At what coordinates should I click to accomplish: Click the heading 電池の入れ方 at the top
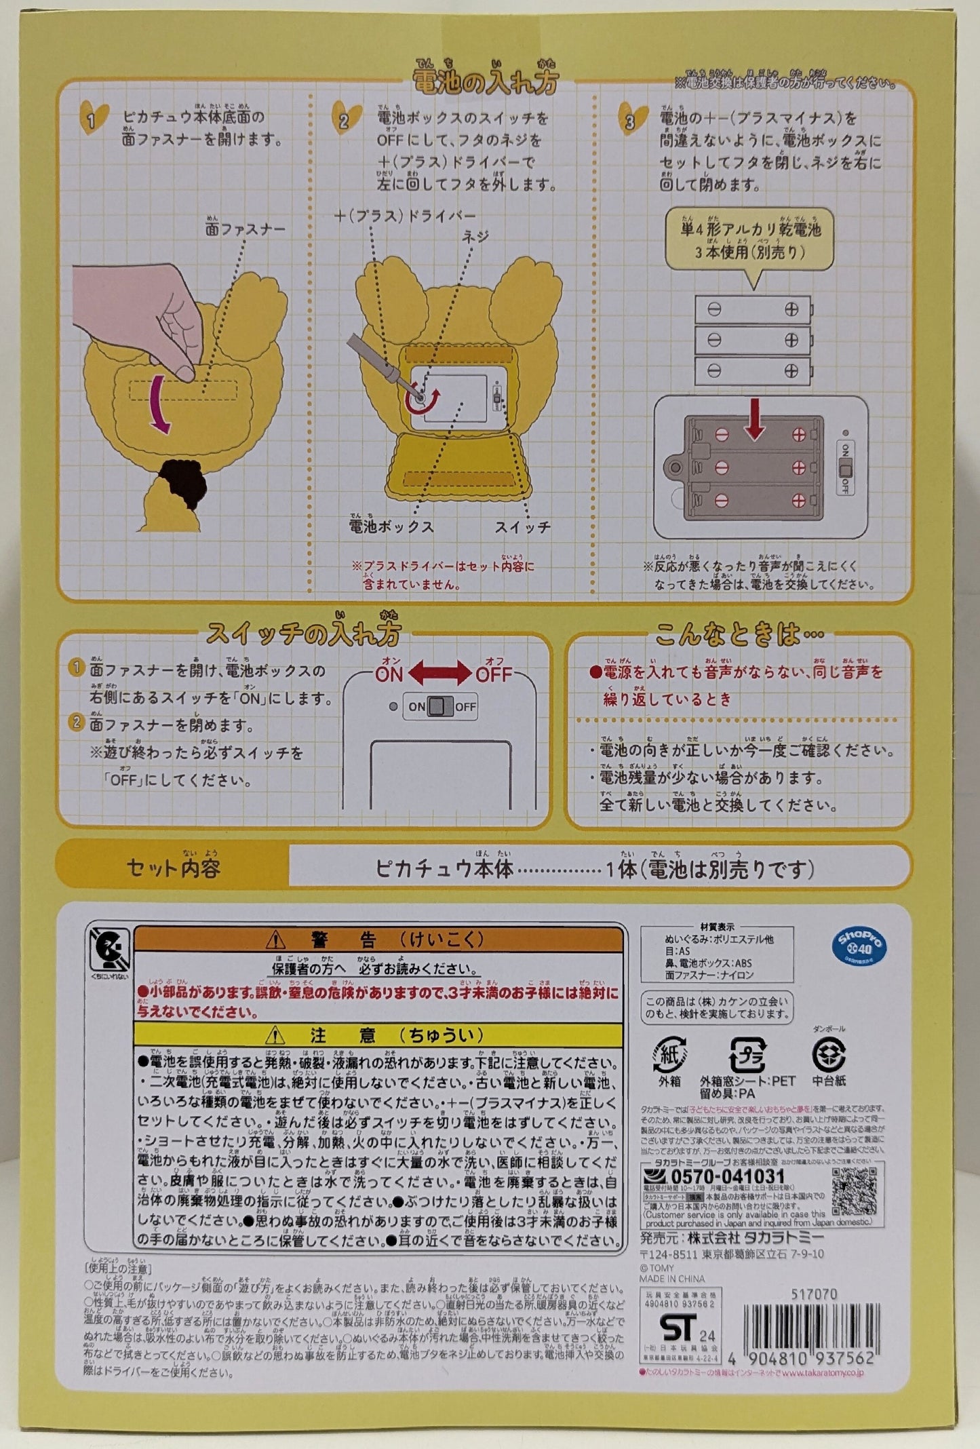(486, 80)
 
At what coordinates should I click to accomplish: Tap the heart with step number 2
(345, 119)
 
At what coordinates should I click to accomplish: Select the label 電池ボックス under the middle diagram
(391, 526)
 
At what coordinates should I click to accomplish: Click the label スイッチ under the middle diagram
(522, 527)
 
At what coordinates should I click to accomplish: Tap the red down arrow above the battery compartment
(754, 424)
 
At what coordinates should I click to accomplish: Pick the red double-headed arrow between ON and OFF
(439, 673)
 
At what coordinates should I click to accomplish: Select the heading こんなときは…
(739, 636)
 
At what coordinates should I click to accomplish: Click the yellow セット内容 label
(174, 868)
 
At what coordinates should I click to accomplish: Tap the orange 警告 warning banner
(378, 940)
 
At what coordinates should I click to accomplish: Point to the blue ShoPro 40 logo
(861, 945)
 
